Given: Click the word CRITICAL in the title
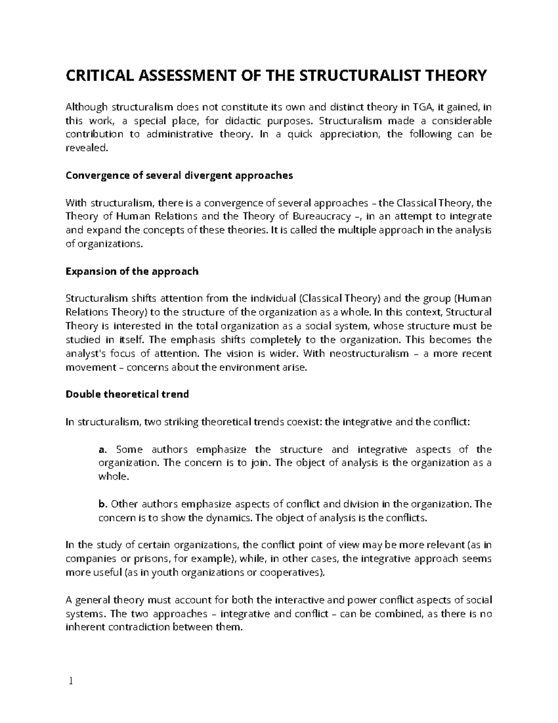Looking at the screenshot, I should click(94, 75).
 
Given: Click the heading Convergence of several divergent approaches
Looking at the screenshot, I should click(179, 176).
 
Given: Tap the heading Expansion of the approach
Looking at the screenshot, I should click(132, 271).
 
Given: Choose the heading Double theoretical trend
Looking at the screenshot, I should click(127, 394).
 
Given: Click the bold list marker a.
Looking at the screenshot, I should click(103, 450).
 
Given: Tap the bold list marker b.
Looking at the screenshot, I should click(103, 504).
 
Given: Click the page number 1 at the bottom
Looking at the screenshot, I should click(70, 682).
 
